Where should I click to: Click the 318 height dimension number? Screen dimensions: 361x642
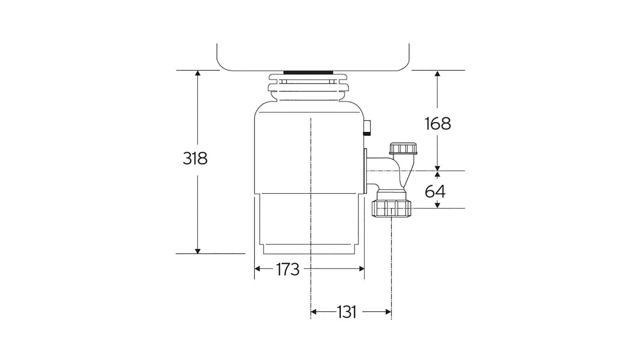(195, 158)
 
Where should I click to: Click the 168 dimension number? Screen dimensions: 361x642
(438, 124)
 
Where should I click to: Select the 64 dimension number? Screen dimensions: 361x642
(435, 192)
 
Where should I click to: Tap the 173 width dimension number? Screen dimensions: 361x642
(288, 270)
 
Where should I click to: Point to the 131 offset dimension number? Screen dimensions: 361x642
(346, 312)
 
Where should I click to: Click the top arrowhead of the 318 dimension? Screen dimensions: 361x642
(197, 73)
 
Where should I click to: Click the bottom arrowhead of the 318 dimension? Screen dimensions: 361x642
(197, 251)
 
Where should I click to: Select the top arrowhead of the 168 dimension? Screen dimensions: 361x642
(437, 73)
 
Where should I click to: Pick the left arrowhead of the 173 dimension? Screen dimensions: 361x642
(258, 269)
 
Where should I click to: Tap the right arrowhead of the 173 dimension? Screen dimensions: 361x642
(361, 269)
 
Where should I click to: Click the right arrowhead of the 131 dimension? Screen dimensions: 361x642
(388, 312)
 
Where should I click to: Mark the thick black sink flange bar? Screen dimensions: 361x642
(308, 72)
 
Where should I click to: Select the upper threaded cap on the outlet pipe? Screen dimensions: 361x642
(403, 148)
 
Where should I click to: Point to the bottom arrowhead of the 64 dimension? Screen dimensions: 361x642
(437, 205)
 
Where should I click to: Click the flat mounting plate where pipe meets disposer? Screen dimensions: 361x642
(366, 170)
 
